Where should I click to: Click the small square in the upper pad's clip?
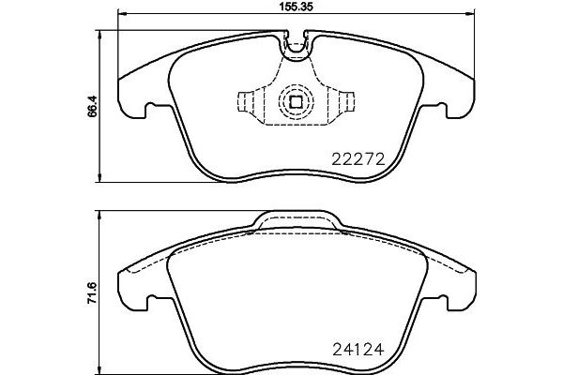pos(296,102)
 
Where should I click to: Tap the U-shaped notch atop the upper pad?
pos(297,40)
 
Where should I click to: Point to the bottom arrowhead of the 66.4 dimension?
pos(100,177)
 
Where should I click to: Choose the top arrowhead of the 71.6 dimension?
pos(100,215)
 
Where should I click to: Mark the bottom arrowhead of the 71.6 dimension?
pos(100,368)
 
